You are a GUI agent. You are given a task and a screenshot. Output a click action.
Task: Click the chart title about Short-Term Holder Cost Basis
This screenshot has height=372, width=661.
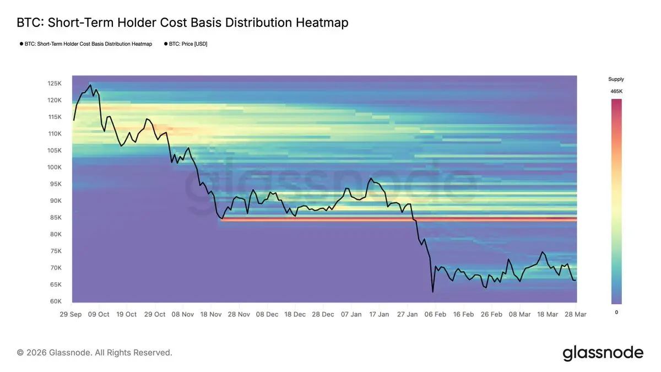coord(182,23)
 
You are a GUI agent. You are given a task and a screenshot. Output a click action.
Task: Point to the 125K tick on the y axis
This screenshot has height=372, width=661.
coord(55,83)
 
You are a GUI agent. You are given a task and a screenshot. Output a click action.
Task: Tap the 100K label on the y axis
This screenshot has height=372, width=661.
coord(55,167)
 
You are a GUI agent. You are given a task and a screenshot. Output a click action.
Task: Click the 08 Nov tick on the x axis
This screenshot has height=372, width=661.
coord(183,315)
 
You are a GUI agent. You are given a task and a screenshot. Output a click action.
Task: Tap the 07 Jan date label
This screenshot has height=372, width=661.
coord(351,315)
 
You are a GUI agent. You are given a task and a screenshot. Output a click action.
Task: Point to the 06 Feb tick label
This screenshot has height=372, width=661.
coord(436,315)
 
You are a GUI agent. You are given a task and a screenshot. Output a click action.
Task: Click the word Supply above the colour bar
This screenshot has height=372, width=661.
coord(616,79)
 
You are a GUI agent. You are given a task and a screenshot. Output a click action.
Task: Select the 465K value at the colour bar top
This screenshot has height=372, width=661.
coord(616,91)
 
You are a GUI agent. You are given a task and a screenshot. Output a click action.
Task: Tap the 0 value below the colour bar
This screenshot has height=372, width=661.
coord(616,312)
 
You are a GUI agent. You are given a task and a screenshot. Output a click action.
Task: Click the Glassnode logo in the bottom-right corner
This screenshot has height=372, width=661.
coord(603,353)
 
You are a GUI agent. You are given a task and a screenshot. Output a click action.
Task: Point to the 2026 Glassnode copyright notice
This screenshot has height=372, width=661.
coord(95,352)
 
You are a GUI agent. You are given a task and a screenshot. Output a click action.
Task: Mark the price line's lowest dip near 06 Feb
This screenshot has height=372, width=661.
coord(432,292)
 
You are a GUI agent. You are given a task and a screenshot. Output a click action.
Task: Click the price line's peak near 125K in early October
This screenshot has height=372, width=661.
coord(90,85)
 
